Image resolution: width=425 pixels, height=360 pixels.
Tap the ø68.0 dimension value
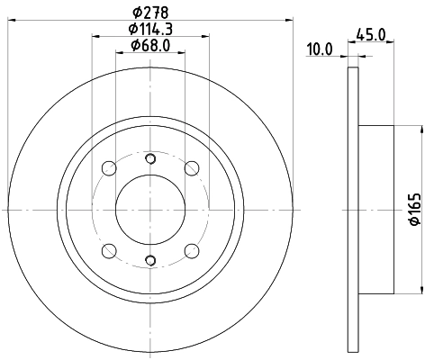pos(149,45)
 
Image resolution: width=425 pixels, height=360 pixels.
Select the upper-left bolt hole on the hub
pos(108,168)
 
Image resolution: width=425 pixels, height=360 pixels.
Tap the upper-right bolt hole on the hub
pos(190,168)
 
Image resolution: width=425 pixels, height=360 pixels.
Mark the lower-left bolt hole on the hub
pos(108,250)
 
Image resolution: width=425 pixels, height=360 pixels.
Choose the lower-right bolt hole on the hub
pos(190,250)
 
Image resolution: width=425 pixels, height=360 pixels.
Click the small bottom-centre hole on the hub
pos(149,262)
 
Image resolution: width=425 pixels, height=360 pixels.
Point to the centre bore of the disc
pos(149,209)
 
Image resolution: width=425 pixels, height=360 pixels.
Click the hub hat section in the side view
pos(376,209)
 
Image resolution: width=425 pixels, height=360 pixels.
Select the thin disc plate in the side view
pos(352,209)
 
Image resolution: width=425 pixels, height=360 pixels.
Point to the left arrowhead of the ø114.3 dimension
pos(94,35)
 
